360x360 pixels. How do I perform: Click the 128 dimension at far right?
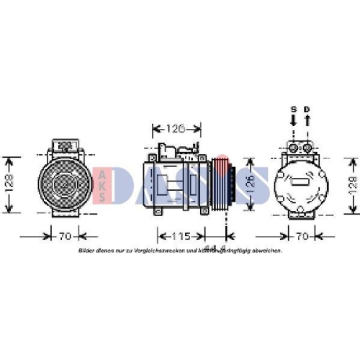click(x=351, y=185)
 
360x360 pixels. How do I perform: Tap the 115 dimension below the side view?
click(x=181, y=235)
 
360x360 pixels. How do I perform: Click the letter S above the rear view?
click(x=293, y=109)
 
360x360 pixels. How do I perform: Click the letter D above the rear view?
click(x=307, y=109)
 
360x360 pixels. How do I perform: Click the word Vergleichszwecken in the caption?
click(x=150, y=251)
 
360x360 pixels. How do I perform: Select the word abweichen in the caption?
click(x=267, y=251)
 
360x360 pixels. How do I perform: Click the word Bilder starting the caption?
click(x=87, y=251)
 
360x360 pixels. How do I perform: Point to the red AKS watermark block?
click(x=103, y=185)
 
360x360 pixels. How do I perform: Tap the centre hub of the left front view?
click(x=63, y=185)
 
